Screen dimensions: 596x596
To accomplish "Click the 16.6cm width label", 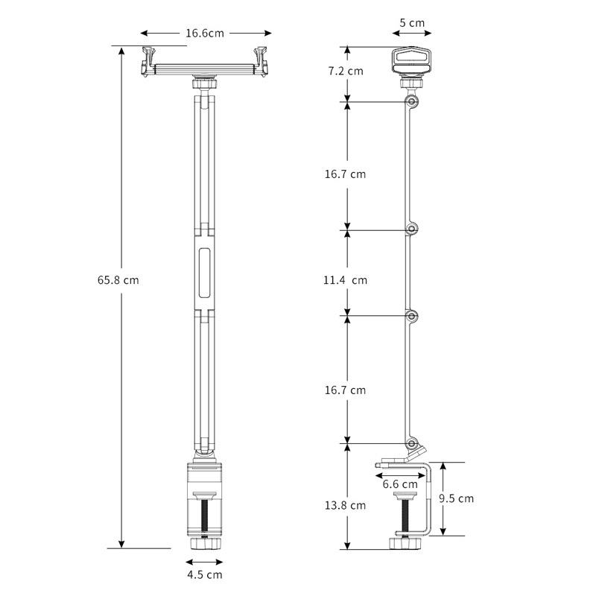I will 205,33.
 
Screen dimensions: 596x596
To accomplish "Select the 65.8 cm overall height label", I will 118,281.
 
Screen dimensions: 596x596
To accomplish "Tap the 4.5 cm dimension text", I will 204,574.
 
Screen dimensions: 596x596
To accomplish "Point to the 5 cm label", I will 412,23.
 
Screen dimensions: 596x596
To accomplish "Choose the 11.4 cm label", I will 345,281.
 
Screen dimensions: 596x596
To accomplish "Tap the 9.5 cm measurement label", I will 455,498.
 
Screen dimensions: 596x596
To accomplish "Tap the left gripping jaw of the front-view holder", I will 148,60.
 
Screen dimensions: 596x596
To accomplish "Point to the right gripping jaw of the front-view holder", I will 261,60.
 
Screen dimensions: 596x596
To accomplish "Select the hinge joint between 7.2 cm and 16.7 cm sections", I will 412,101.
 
